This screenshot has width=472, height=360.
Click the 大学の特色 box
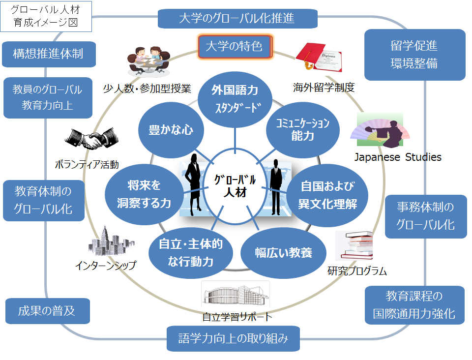coord(235,47)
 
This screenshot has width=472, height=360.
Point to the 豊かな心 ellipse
coord(171,129)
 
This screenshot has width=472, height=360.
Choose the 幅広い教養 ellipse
coord(283,253)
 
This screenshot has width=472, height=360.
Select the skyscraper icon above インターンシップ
coord(104,242)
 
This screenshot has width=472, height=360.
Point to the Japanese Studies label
coord(398,157)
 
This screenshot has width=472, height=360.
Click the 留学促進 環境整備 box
coord(414,55)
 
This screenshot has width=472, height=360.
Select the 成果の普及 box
coord(47,311)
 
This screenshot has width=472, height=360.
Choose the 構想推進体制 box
coord(48,54)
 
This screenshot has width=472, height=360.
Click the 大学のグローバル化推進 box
coord(236,19)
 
